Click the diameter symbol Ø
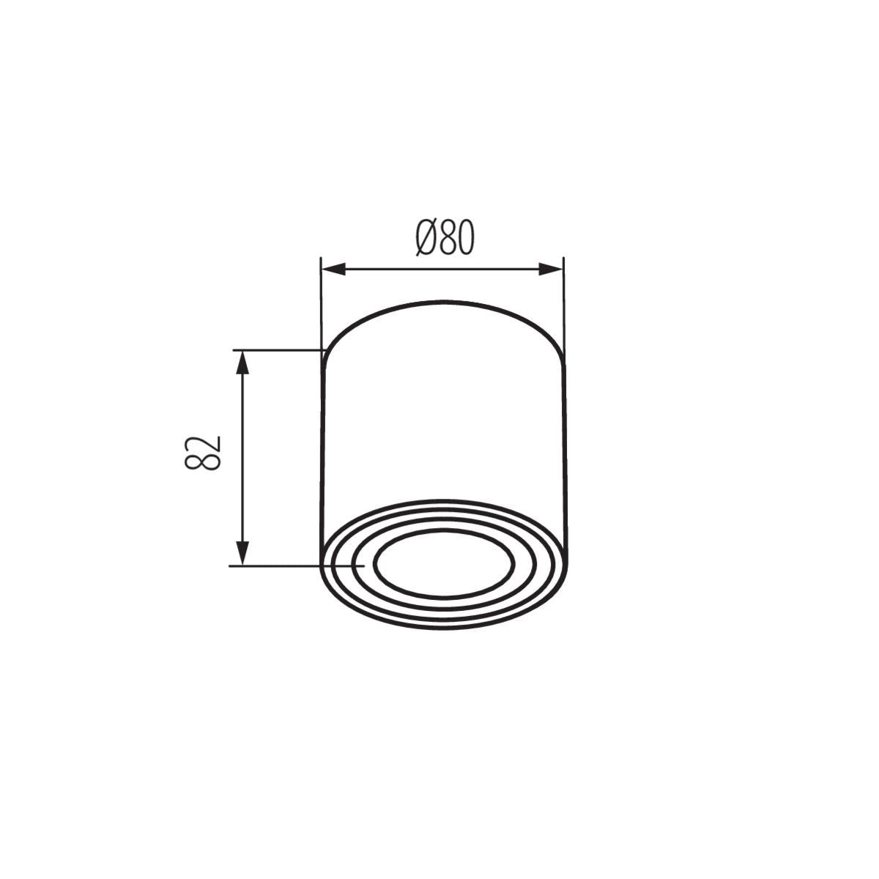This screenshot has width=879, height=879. tap(426, 237)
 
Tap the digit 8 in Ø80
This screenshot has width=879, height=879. tap(448, 237)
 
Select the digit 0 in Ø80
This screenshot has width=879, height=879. tap(466, 237)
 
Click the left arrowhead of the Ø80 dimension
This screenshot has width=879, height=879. tap(333, 269)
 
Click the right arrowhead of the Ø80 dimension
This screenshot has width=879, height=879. tap(551, 269)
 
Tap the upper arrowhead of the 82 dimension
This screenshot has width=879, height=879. tap(242, 363)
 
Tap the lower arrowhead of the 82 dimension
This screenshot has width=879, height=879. tap(242, 553)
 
